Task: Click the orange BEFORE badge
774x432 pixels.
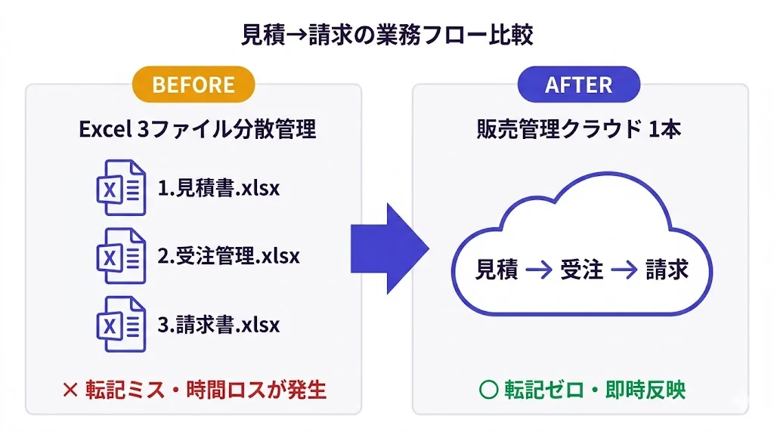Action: pyautogui.click(x=193, y=84)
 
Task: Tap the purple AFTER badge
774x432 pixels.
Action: pyautogui.click(x=579, y=84)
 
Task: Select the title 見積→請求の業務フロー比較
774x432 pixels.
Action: pyautogui.click(x=387, y=35)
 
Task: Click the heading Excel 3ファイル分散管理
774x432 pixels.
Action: pyautogui.click(x=197, y=129)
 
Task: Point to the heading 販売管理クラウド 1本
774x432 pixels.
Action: pyautogui.click(x=579, y=129)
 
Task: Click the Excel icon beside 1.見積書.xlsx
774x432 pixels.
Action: pyautogui.click(x=121, y=187)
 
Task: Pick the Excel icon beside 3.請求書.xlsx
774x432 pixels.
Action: pyautogui.click(x=121, y=324)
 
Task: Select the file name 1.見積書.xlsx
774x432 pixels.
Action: pyautogui.click(x=218, y=187)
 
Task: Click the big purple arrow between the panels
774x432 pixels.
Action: pyautogui.click(x=389, y=247)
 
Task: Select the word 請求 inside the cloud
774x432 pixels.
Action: pyautogui.click(x=667, y=270)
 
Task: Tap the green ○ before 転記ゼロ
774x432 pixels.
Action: pyautogui.click(x=488, y=390)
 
